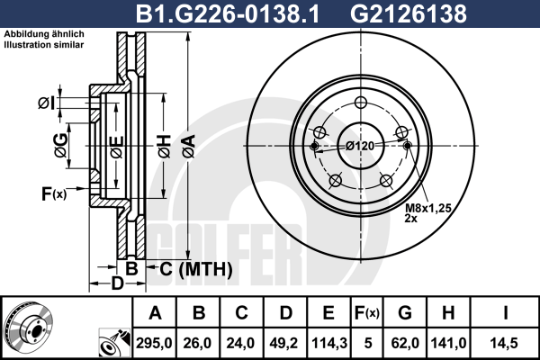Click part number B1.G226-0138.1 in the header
click(x=228, y=13)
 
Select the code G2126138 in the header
click(x=409, y=13)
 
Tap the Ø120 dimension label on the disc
click(x=360, y=146)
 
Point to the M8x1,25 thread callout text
click(x=428, y=208)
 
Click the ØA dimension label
click(x=189, y=146)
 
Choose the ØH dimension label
click(x=165, y=146)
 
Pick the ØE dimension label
click(x=117, y=147)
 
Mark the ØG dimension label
click(x=61, y=146)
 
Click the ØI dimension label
click(x=47, y=103)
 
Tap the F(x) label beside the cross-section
click(x=54, y=193)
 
